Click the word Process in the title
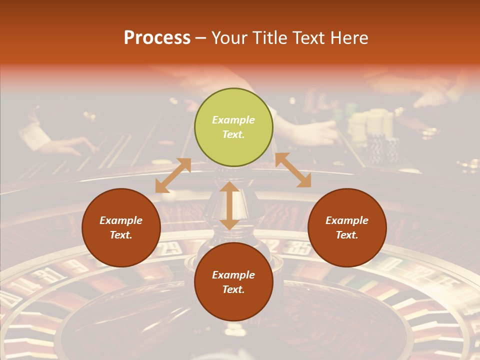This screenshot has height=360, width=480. click(x=157, y=38)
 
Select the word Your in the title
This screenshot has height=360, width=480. click(x=229, y=38)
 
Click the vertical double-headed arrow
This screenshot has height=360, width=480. click(x=229, y=205)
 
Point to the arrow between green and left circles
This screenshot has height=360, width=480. click(x=173, y=175)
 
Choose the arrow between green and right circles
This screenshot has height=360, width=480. click(x=293, y=170)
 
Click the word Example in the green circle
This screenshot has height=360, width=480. click(x=233, y=120)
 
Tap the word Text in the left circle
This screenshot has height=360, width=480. click(x=121, y=235)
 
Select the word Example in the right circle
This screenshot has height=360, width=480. click(x=347, y=220)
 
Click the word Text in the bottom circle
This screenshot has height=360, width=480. click(x=233, y=289)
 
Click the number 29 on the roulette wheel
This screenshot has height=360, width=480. click(x=171, y=247)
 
